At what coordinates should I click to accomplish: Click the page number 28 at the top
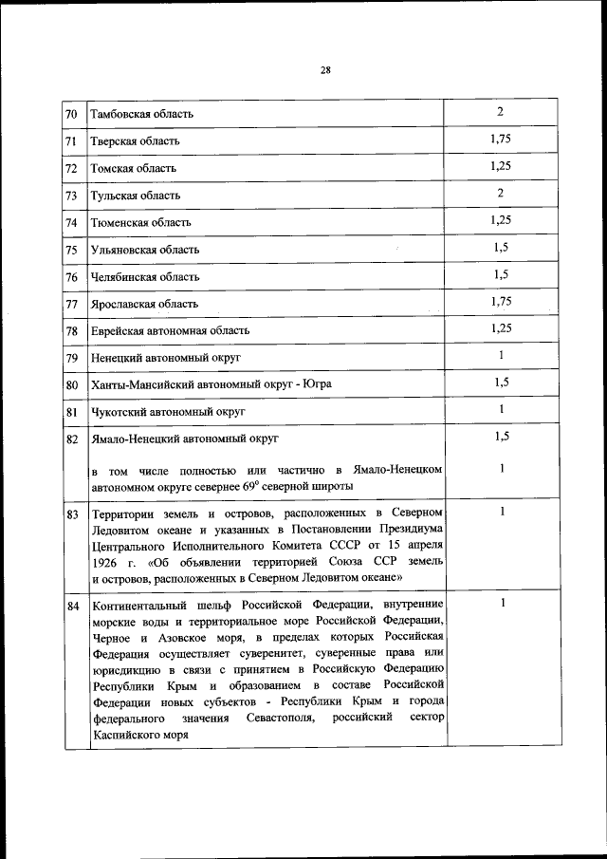(x=325, y=69)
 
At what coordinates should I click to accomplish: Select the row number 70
(x=72, y=114)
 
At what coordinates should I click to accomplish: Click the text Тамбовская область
(x=141, y=114)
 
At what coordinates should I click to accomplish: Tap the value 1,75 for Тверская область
(x=501, y=140)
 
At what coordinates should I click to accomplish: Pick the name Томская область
(x=133, y=168)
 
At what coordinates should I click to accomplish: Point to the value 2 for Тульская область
(x=500, y=194)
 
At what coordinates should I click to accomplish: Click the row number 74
(x=72, y=222)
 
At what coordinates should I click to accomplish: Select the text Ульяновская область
(x=144, y=250)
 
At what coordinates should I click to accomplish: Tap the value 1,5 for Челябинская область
(x=501, y=274)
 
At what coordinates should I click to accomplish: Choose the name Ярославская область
(x=144, y=304)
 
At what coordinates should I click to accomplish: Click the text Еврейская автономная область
(x=170, y=330)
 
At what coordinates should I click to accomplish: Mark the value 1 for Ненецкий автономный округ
(x=500, y=356)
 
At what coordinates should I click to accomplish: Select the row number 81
(x=72, y=412)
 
